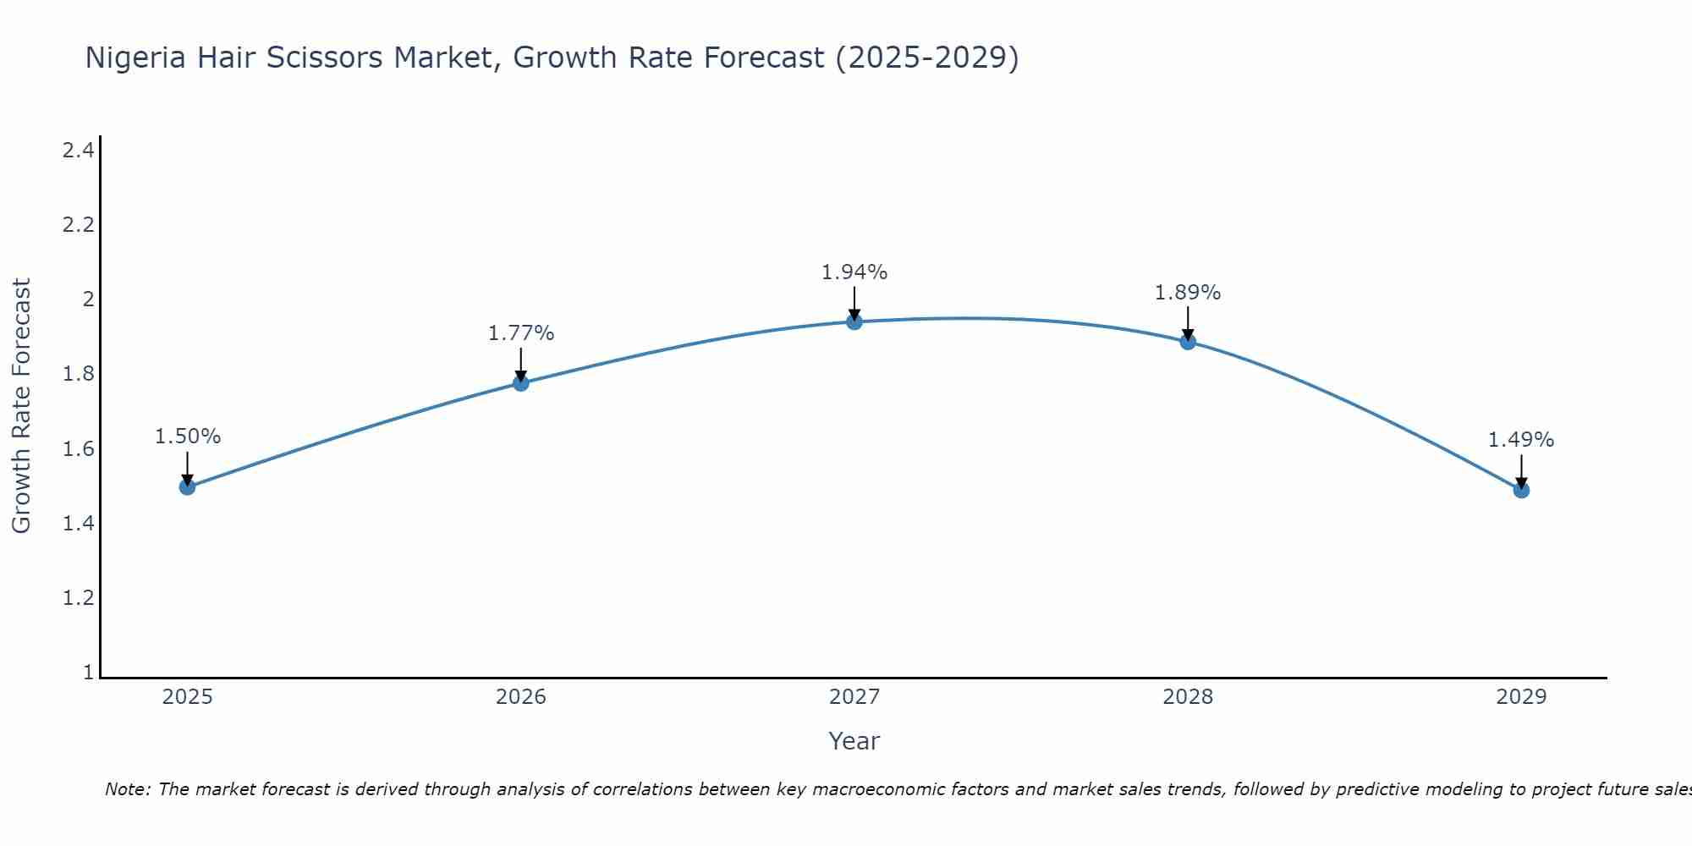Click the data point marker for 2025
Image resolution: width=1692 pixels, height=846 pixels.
(188, 486)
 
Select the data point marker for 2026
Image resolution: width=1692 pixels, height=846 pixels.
(521, 383)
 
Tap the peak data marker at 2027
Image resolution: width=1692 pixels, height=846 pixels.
(854, 321)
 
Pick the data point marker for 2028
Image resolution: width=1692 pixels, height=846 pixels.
(1188, 342)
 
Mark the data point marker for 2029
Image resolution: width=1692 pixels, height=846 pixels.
(1521, 490)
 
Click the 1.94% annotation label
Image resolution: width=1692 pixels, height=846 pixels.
(854, 272)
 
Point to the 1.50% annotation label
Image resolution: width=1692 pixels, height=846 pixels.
(188, 437)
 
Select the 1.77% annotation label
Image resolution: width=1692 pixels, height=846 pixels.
(521, 333)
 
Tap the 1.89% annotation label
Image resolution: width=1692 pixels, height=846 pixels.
(1188, 293)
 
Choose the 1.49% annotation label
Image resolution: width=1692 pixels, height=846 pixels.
(1521, 440)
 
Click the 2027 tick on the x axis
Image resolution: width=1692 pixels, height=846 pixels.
(854, 697)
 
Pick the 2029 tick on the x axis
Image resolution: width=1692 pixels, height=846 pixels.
(1521, 697)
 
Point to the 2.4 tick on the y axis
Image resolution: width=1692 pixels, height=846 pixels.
(78, 151)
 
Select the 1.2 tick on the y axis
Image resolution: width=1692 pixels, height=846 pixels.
(78, 598)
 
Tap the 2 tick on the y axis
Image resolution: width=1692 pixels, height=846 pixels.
(87, 299)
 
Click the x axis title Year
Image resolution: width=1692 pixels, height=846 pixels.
(854, 741)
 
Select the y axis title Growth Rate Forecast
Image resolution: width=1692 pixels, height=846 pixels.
(21, 406)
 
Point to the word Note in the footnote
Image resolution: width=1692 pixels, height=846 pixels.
(127, 789)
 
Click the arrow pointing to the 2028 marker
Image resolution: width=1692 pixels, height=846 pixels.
(1188, 323)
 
